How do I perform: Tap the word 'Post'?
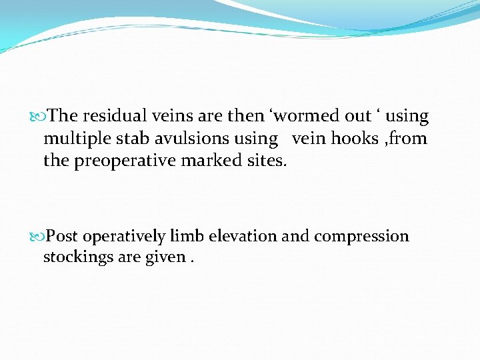coord(63,236)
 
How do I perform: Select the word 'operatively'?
coord(124,237)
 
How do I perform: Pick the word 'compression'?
coord(361,237)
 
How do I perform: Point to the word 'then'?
coord(245,116)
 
